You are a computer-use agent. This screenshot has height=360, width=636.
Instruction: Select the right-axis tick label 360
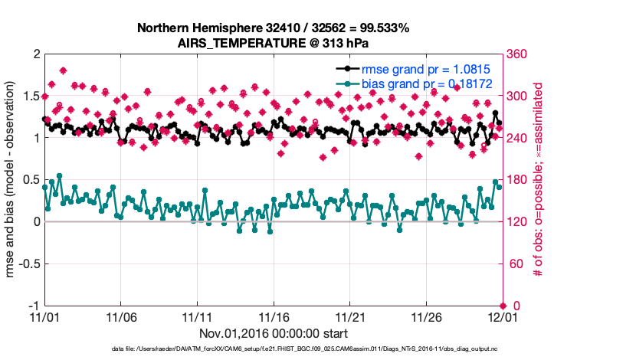[x=518, y=54]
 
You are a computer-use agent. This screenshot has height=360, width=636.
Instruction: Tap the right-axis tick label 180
[x=518, y=180]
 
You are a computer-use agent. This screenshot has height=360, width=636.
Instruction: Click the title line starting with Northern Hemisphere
[x=273, y=28]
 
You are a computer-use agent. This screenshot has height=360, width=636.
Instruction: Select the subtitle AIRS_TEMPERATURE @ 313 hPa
[x=273, y=43]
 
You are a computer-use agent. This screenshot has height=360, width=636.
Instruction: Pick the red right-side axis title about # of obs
[x=538, y=180]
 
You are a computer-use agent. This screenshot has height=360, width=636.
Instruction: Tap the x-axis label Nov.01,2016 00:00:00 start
[x=273, y=333]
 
